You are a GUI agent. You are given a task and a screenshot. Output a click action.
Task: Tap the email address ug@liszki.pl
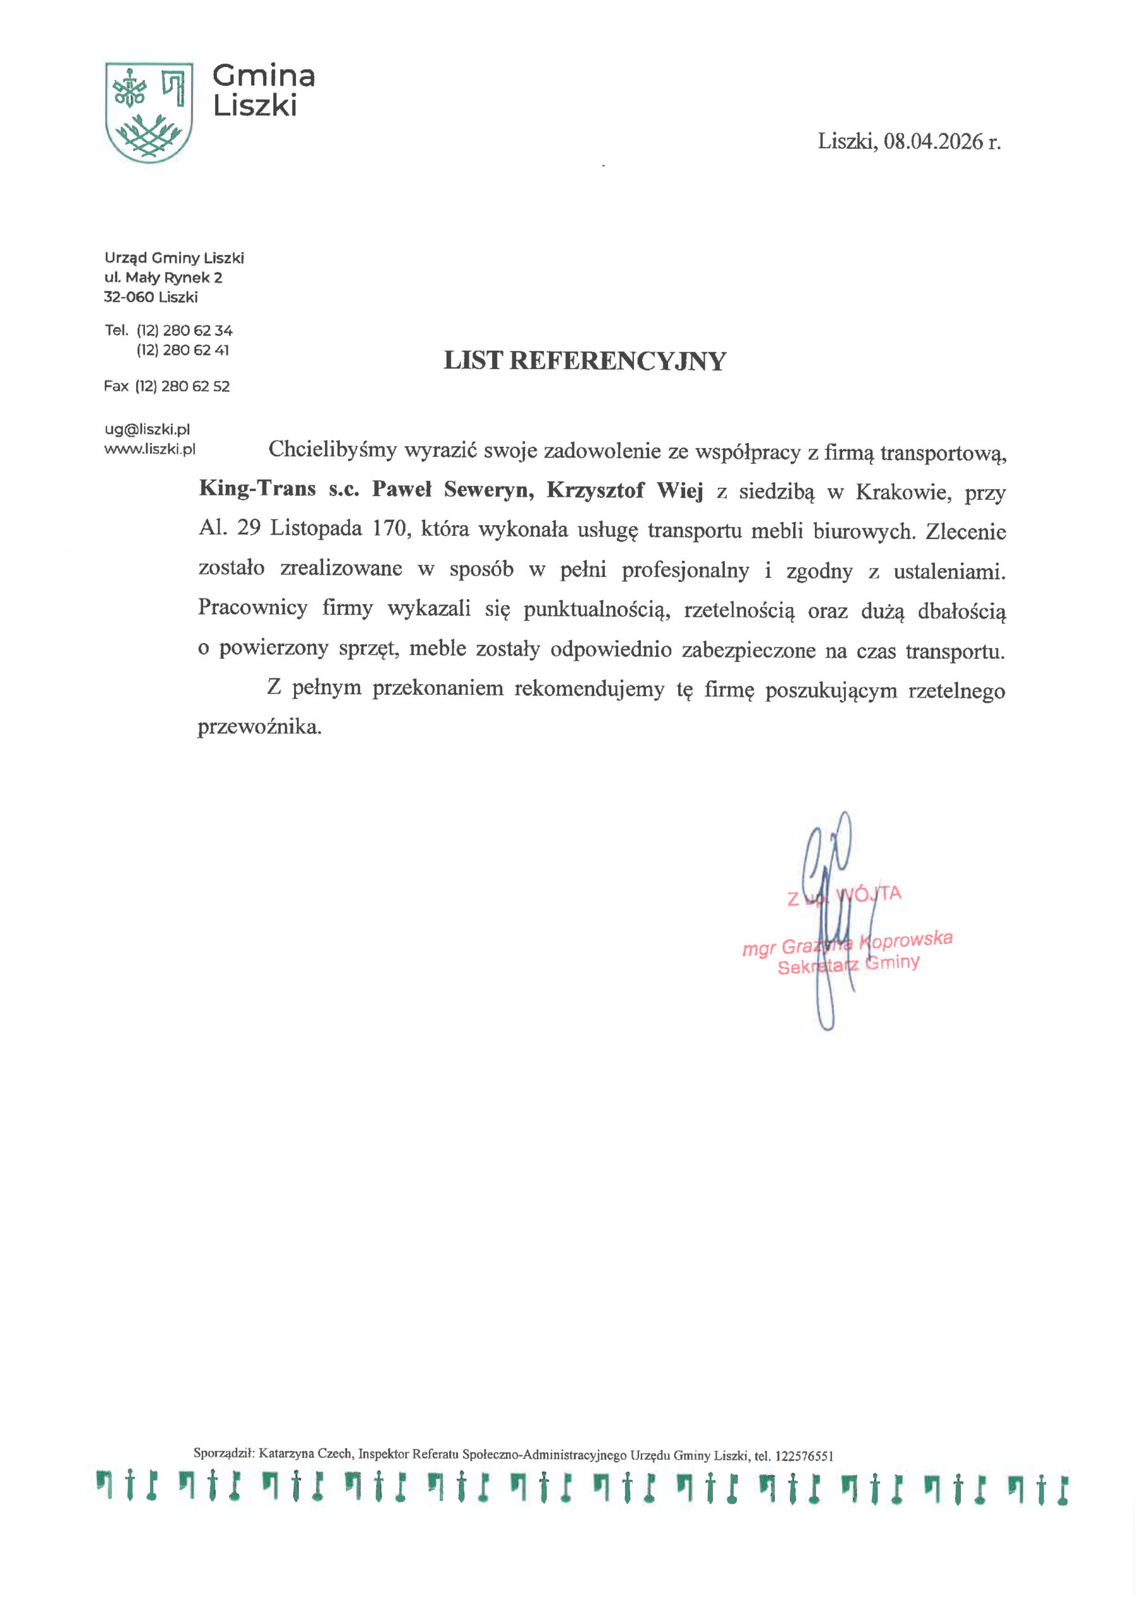point(147,429)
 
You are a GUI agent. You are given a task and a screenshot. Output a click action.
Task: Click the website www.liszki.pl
point(149,449)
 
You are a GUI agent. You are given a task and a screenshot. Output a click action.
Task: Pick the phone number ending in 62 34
point(184,330)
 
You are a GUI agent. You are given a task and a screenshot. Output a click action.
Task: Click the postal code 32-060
point(128,297)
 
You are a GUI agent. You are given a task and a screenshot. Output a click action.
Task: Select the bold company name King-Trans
point(257,489)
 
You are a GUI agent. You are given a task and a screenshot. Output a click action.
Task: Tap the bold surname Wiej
point(680,490)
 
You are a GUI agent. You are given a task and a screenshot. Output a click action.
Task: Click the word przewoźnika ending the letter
point(259,726)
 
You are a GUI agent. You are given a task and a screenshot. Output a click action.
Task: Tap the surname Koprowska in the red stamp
point(906,940)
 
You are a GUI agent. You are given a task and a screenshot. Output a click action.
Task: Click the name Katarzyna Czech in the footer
point(305,1454)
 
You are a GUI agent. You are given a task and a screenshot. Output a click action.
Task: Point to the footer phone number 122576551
point(803,1455)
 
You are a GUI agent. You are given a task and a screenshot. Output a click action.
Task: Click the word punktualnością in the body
point(596,609)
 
